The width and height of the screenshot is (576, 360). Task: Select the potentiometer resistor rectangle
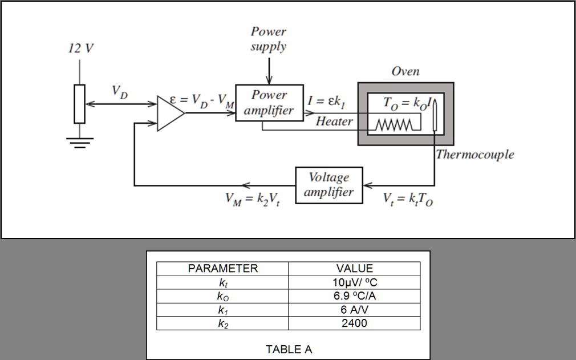[79, 104]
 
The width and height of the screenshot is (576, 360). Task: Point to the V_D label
[120, 92]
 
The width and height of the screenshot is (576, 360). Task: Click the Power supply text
[269, 39]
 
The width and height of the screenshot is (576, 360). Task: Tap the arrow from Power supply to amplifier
[269, 71]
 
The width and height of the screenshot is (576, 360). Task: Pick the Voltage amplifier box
[329, 185]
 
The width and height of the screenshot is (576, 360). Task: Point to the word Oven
[405, 71]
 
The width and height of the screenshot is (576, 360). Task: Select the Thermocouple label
[474, 155]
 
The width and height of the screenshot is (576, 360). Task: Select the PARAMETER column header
[223, 268]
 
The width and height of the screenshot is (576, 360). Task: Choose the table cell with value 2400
[354, 323]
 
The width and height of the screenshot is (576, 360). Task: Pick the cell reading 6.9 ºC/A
[354, 296]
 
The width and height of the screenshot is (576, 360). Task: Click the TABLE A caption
[289, 349]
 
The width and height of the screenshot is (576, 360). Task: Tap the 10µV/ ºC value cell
[354, 282]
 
